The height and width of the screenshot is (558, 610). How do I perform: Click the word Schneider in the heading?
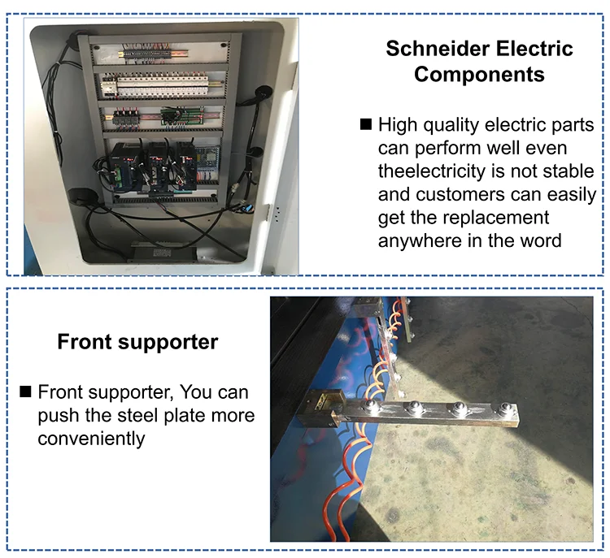[x=431, y=48]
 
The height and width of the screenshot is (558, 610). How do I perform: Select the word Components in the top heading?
[x=478, y=75]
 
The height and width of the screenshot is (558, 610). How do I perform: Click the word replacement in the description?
[x=501, y=218]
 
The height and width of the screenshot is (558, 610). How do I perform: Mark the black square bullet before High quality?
[x=365, y=124]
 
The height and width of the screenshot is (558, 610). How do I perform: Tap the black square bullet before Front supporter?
[x=24, y=392]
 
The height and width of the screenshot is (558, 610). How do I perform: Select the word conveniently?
[x=91, y=439]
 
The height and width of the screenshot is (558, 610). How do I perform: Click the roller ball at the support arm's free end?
[x=463, y=411]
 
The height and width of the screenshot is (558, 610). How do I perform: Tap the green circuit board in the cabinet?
[x=172, y=116]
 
